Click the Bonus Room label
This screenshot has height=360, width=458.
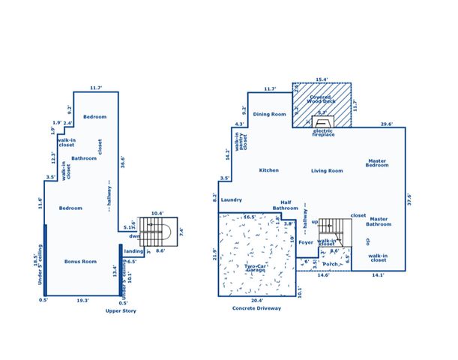click(x=81, y=261)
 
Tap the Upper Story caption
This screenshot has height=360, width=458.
click(x=121, y=310)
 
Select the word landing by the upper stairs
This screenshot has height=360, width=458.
click(x=133, y=251)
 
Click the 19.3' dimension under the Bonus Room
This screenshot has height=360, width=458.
click(x=84, y=300)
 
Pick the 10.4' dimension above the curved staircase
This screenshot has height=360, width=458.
click(x=157, y=214)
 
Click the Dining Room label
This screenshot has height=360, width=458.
click(x=270, y=114)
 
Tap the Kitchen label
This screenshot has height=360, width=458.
click(x=268, y=170)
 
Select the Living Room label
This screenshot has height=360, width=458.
click(x=327, y=171)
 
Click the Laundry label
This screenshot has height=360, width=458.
click(x=232, y=200)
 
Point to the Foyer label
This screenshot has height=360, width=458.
click(x=305, y=242)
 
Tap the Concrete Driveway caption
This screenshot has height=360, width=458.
click(x=256, y=307)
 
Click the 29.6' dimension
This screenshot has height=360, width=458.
click(x=386, y=124)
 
